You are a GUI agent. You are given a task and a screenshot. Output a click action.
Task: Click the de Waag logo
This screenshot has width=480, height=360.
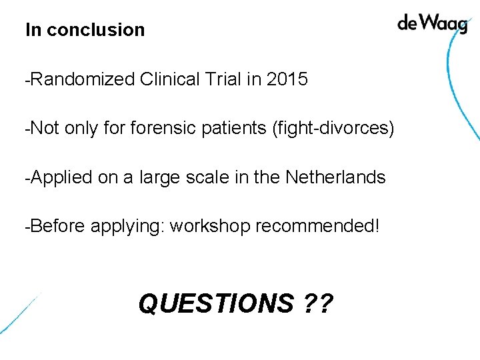(x=432, y=24)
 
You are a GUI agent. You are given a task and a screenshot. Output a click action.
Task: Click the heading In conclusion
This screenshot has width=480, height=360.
(x=85, y=30)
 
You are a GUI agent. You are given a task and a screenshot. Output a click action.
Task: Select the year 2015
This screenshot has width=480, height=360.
(x=287, y=80)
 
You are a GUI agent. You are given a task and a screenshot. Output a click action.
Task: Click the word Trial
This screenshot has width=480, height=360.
(x=223, y=80)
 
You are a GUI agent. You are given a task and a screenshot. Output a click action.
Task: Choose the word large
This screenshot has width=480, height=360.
(x=160, y=177)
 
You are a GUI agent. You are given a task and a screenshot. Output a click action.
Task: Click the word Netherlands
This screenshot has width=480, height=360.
(x=335, y=177)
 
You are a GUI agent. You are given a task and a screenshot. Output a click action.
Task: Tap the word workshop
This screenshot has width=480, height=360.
(x=209, y=226)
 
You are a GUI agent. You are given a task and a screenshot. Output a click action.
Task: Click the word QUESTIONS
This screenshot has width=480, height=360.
(x=215, y=304)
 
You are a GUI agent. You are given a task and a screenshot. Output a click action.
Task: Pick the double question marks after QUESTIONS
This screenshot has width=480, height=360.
(x=317, y=304)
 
